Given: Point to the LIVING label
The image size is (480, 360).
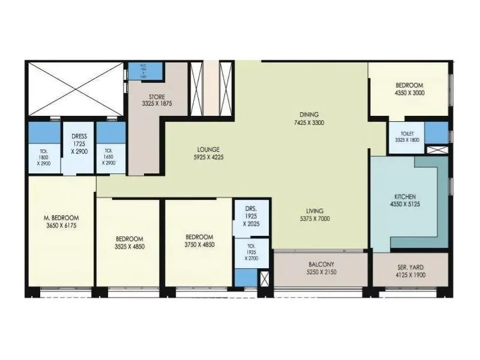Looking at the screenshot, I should pyautogui.click(x=314, y=211).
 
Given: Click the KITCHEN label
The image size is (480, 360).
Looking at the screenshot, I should pyautogui.click(x=405, y=197).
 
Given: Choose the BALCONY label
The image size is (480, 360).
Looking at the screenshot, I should pyautogui.click(x=321, y=264).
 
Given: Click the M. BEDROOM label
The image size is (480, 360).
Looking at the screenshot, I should pyautogui.click(x=61, y=217).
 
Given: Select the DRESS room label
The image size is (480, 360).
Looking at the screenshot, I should pyautogui.click(x=79, y=136).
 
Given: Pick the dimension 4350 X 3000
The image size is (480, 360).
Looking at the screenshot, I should pyautogui.click(x=409, y=93).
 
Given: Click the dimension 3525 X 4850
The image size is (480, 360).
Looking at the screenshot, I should pyautogui.click(x=129, y=246).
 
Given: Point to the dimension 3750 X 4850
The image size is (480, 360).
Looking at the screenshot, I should pyautogui.click(x=199, y=245).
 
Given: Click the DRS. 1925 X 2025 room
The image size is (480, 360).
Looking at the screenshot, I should pyautogui.click(x=251, y=216).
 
